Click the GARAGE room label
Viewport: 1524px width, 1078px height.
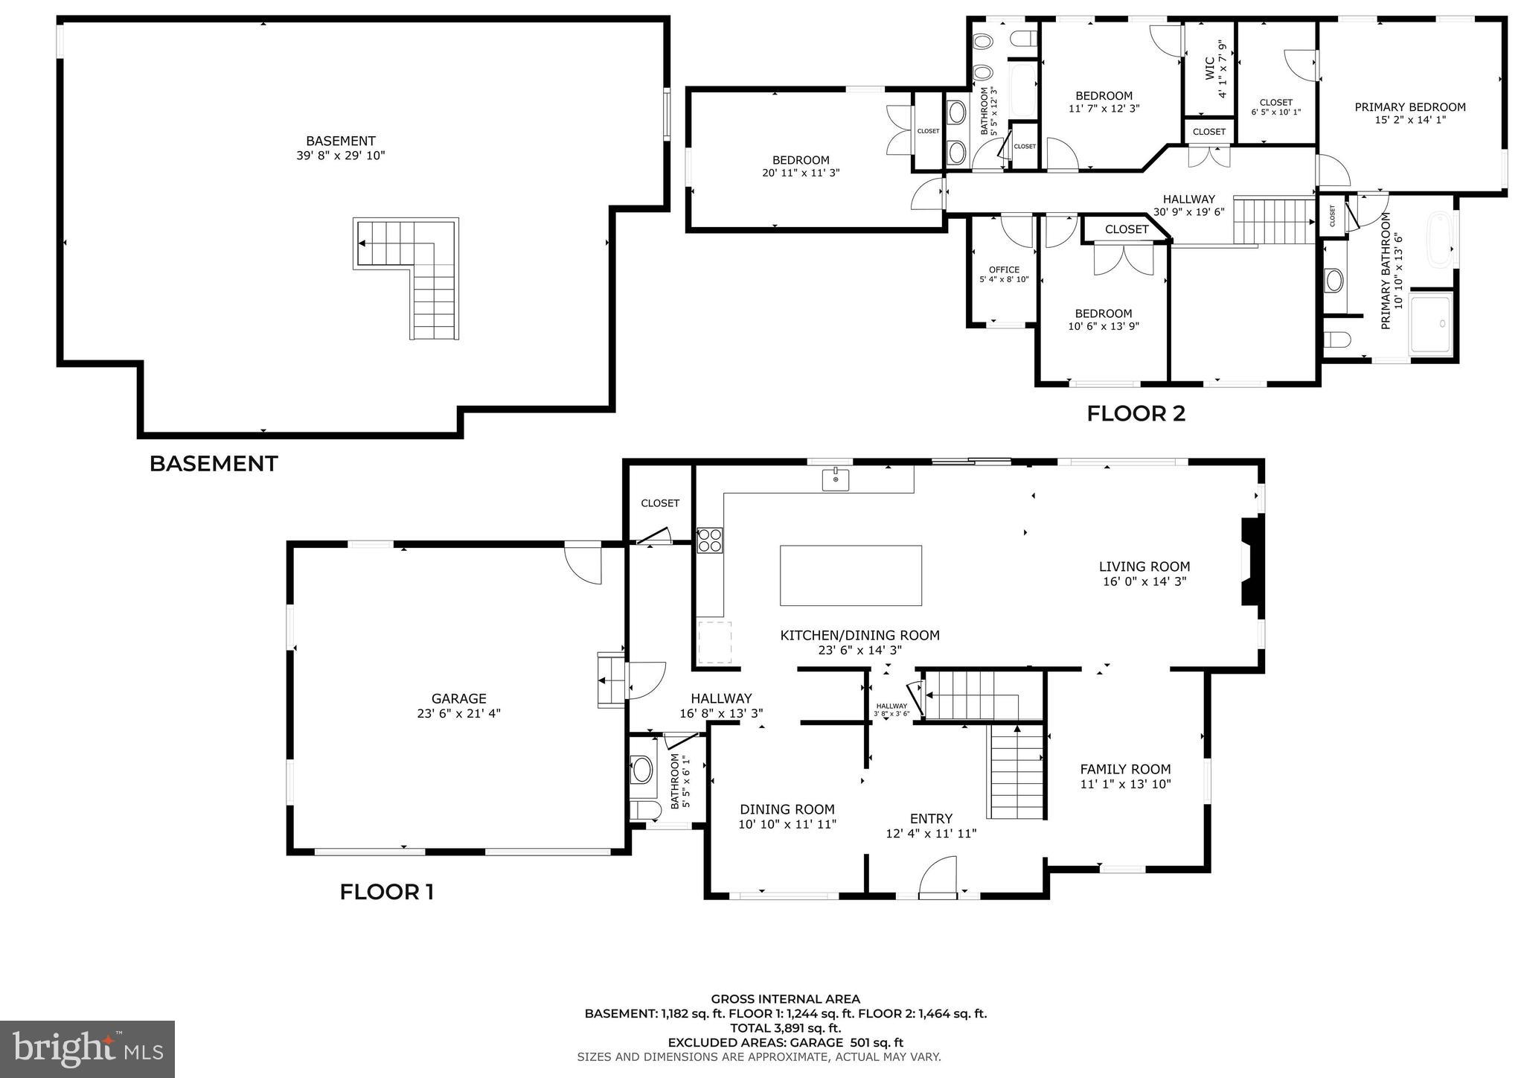tap(458, 698)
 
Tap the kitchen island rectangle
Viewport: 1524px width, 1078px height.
tap(851, 575)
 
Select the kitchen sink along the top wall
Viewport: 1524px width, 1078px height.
tap(836, 479)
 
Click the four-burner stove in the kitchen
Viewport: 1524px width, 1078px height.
tap(709, 540)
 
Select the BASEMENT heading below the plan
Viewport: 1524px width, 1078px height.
tap(214, 464)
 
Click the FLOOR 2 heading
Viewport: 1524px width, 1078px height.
tap(1136, 414)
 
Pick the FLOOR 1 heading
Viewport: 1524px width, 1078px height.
tap(386, 892)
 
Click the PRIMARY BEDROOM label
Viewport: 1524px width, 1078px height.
tap(1410, 107)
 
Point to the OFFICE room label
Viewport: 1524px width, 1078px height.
tap(1004, 269)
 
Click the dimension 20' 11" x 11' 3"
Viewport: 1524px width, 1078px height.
tap(800, 173)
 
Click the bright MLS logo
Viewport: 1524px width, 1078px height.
tap(87, 1049)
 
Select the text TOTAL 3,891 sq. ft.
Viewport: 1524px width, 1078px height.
tap(785, 1028)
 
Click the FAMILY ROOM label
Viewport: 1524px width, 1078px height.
tap(1125, 769)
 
